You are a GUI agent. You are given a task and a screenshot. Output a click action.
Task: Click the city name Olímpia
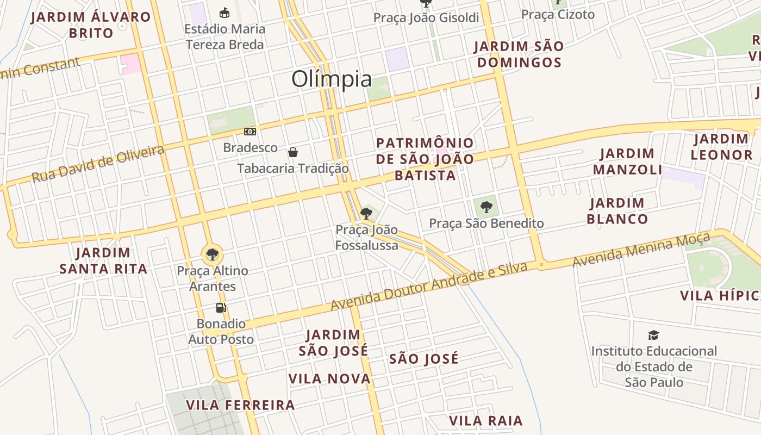coord(332,79)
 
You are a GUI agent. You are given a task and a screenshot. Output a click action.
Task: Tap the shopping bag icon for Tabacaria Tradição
coord(293,152)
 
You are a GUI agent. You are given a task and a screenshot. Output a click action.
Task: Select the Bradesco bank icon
coord(250,131)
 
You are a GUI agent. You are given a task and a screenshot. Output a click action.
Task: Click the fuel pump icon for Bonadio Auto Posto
coord(221,308)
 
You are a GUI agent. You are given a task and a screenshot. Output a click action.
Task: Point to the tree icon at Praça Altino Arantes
coord(212,254)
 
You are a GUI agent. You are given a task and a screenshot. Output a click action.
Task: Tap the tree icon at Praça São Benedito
coord(486,207)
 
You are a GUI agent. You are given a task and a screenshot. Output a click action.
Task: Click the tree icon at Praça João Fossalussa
coord(366,213)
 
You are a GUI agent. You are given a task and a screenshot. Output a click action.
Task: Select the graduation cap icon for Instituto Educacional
coord(654,335)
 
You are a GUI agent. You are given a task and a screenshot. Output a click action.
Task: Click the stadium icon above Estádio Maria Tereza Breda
coord(224,13)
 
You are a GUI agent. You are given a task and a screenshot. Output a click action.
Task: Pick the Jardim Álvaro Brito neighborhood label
coord(91,25)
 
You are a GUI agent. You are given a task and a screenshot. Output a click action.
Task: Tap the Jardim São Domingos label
coord(519,54)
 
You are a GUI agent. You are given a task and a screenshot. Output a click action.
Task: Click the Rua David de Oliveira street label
coord(98,164)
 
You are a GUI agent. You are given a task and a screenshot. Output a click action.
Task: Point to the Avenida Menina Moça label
coord(641,250)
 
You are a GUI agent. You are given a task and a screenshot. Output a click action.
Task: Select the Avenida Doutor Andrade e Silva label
coord(429,287)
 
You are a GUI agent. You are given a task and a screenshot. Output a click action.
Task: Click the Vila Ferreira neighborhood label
coord(240,405)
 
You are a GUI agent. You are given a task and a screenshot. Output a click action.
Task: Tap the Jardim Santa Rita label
coord(103,260)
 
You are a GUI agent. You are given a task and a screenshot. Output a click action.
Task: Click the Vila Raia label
coord(485,421)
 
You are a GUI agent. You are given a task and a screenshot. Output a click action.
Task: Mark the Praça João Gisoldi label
coord(426,18)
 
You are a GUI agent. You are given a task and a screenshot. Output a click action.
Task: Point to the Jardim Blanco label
coord(617,211)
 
